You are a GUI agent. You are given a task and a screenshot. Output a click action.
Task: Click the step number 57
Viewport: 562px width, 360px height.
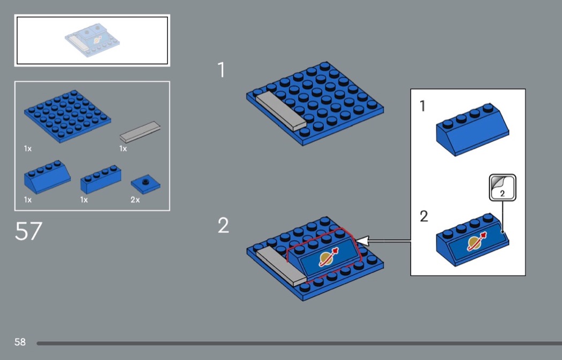[29, 231]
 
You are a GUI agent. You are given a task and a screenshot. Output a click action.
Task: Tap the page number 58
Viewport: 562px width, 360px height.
[20, 342]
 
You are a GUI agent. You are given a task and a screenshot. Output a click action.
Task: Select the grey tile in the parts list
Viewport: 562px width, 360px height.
[140, 132]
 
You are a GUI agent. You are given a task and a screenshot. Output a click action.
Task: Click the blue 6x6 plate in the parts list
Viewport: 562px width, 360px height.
[67, 117]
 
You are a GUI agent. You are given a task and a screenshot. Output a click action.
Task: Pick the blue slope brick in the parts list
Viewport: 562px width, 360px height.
[47, 177]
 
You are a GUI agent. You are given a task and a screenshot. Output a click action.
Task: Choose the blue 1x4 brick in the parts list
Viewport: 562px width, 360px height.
[101, 179]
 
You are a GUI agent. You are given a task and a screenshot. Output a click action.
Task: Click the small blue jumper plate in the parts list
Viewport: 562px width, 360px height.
[146, 184]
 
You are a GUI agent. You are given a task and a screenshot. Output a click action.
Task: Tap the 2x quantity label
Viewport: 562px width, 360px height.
[135, 200]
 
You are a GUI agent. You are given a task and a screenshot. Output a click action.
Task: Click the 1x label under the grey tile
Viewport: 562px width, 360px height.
[123, 148]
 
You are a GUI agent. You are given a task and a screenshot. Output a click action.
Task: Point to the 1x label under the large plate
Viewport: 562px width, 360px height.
[28, 148]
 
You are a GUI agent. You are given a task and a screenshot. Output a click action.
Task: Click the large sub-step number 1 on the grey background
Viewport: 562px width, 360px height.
[222, 70]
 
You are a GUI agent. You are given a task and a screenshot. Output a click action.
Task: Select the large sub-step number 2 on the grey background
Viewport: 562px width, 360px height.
[223, 225]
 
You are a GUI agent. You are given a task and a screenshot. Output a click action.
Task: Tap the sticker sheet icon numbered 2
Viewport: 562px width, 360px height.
[503, 187]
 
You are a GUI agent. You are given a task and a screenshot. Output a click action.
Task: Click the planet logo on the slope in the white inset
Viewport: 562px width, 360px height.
[476, 242]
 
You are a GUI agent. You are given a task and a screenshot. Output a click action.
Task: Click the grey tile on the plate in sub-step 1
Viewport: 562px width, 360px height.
[280, 111]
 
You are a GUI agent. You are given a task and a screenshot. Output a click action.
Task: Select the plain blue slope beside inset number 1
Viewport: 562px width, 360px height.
[473, 129]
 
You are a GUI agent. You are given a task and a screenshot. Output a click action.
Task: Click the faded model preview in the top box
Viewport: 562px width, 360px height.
[92, 41]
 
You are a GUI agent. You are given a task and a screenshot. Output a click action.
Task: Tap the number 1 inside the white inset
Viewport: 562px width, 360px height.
[423, 106]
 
